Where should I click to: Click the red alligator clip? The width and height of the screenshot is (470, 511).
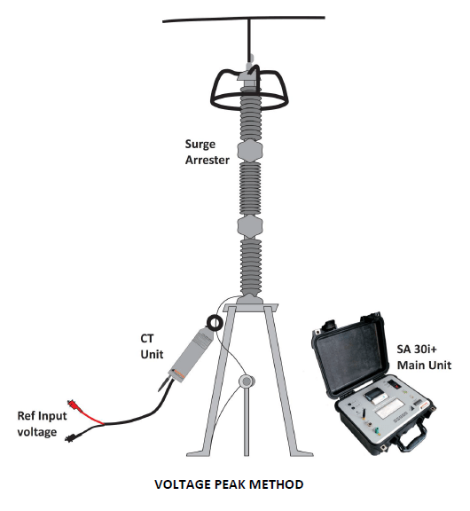(x=74, y=406)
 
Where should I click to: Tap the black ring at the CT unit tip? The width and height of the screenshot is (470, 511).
(x=215, y=323)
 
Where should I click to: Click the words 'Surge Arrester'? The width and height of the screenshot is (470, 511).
(x=208, y=153)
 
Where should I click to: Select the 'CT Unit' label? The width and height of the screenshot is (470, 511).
(x=152, y=346)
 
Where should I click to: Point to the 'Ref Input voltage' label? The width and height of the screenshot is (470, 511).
(x=42, y=424)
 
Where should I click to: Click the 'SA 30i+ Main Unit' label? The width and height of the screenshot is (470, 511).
(x=424, y=358)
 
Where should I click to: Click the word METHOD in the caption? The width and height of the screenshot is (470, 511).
(x=277, y=484)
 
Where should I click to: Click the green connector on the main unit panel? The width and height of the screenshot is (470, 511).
(x=377, y=431)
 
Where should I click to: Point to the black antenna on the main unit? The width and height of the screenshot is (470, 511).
(x=362, y=413)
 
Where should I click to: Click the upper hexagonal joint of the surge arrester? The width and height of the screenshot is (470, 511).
(x=250, y=151)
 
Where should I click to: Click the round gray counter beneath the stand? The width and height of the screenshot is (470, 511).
(x=247, y=381)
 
